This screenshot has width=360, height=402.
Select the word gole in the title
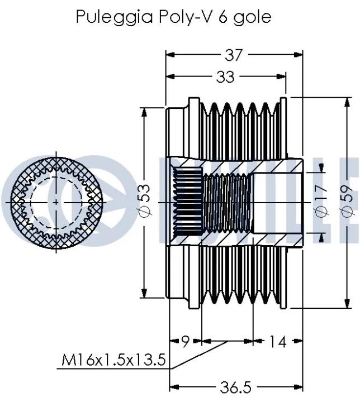pos(253,17)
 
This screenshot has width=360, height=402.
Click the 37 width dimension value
pos(234,55)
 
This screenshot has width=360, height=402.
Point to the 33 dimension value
pos(225,76)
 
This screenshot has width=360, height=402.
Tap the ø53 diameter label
pos(145,201)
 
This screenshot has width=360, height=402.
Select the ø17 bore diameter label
pos(321,201)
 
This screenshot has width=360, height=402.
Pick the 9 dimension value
pos(186,342)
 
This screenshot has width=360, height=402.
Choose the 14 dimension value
pos(277,342)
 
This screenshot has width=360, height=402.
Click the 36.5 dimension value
pos(236,387)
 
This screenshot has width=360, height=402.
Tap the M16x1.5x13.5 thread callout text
pos(113,360)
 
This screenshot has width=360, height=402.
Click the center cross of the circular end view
pos(56,203)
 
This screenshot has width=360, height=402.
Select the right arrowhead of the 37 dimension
pos(298,55)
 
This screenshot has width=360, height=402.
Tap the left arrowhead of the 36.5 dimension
pos(174,387)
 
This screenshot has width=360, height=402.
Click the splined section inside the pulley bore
pos(188,202)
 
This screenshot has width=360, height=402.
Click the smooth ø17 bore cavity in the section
pos(277,203)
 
